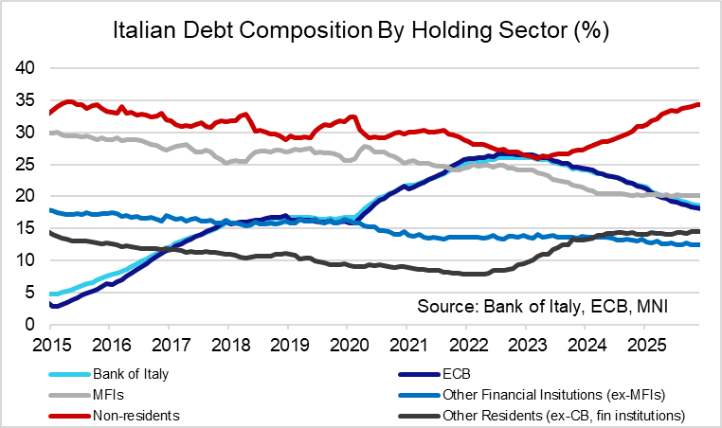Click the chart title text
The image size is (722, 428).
[360, 30]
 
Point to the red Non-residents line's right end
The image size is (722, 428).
[699, 104]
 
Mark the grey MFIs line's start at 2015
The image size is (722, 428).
[50, 134]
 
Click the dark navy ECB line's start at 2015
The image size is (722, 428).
[50, 305]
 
